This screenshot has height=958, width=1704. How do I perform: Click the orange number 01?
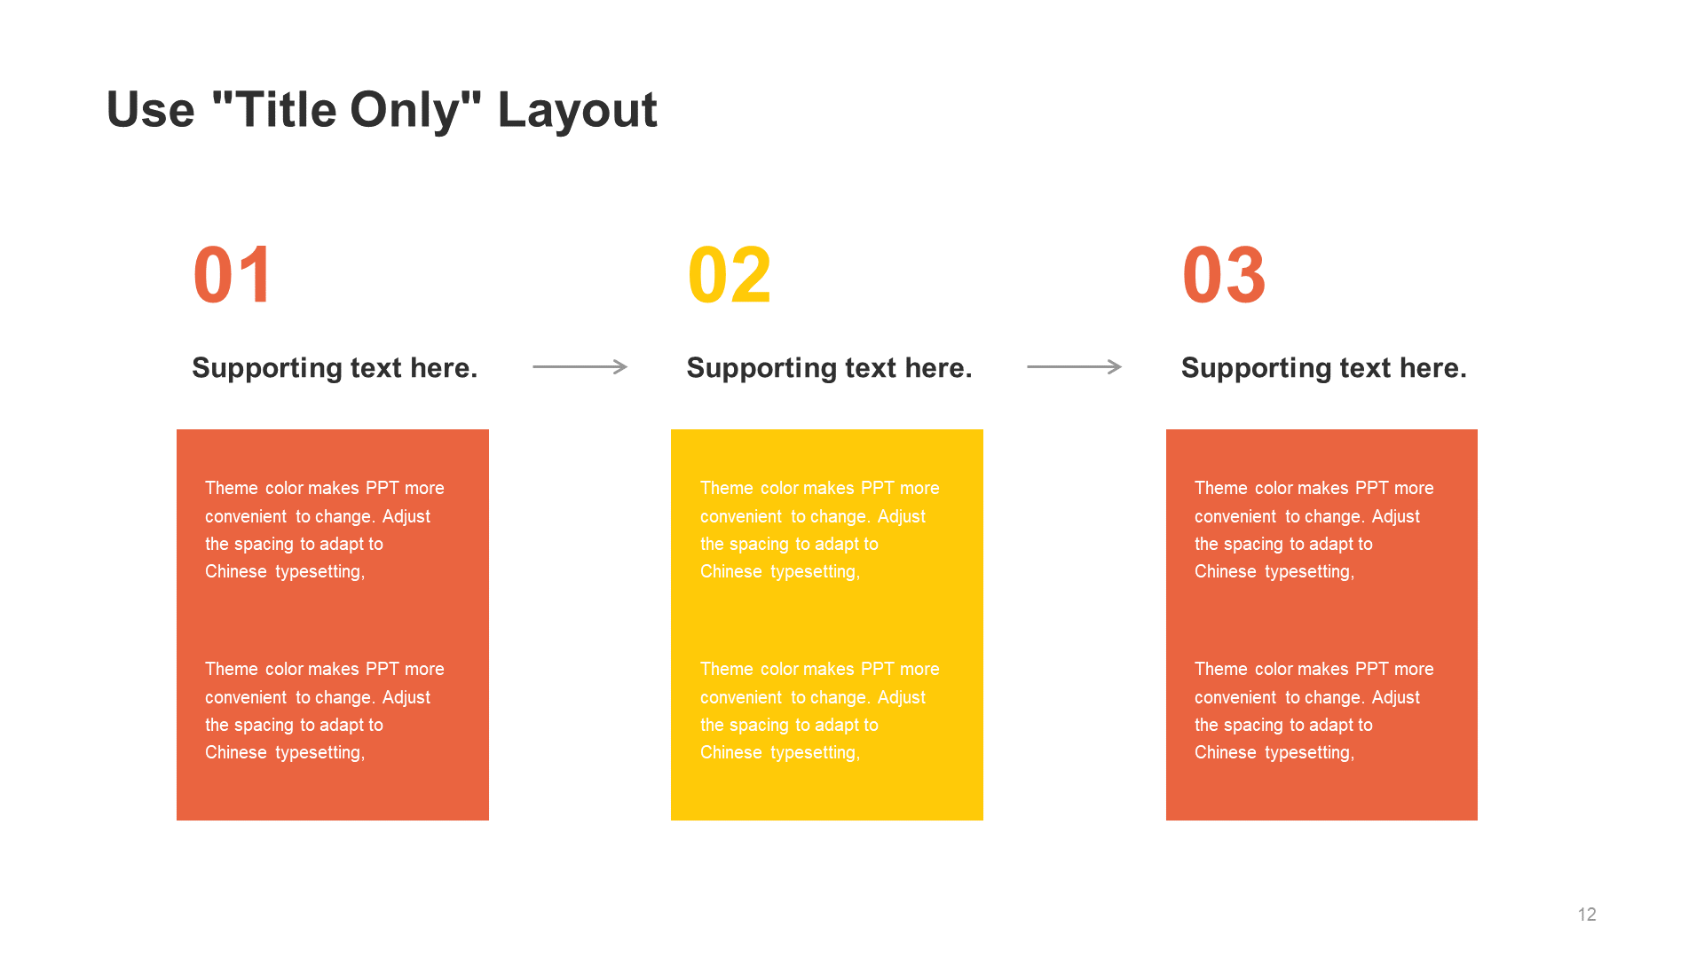coord(233,275)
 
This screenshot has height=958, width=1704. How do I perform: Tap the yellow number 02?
coord(730,275)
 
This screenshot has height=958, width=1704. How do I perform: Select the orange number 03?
coord(1224,275)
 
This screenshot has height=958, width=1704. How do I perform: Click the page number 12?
coord(1587,915)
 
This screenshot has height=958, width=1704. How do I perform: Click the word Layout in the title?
coord(577,110)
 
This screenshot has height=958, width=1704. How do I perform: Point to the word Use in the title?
coord(150,110)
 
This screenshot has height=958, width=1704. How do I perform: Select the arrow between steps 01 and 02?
coord(580,366)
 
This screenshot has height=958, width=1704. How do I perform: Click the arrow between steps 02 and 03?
coord(1075,366)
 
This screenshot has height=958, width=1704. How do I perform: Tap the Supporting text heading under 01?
coord(335,367)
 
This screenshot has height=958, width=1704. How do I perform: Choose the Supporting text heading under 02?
coord(829,367)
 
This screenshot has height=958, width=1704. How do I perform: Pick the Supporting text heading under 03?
coord(1323,367)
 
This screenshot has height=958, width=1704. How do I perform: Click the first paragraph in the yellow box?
coord(819,530)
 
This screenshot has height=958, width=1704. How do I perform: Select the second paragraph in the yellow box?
coord(819,711)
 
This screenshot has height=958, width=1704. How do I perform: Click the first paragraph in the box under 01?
coord(324,530)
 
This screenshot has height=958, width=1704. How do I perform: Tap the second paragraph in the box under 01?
coord(324,711)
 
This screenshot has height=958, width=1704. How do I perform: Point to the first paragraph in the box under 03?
coord(1313,530)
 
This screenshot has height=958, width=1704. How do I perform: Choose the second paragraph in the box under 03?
coord(1313,711)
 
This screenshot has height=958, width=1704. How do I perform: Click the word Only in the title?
coord(406,110)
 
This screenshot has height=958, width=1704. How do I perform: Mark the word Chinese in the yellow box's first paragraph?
coord(730,571)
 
